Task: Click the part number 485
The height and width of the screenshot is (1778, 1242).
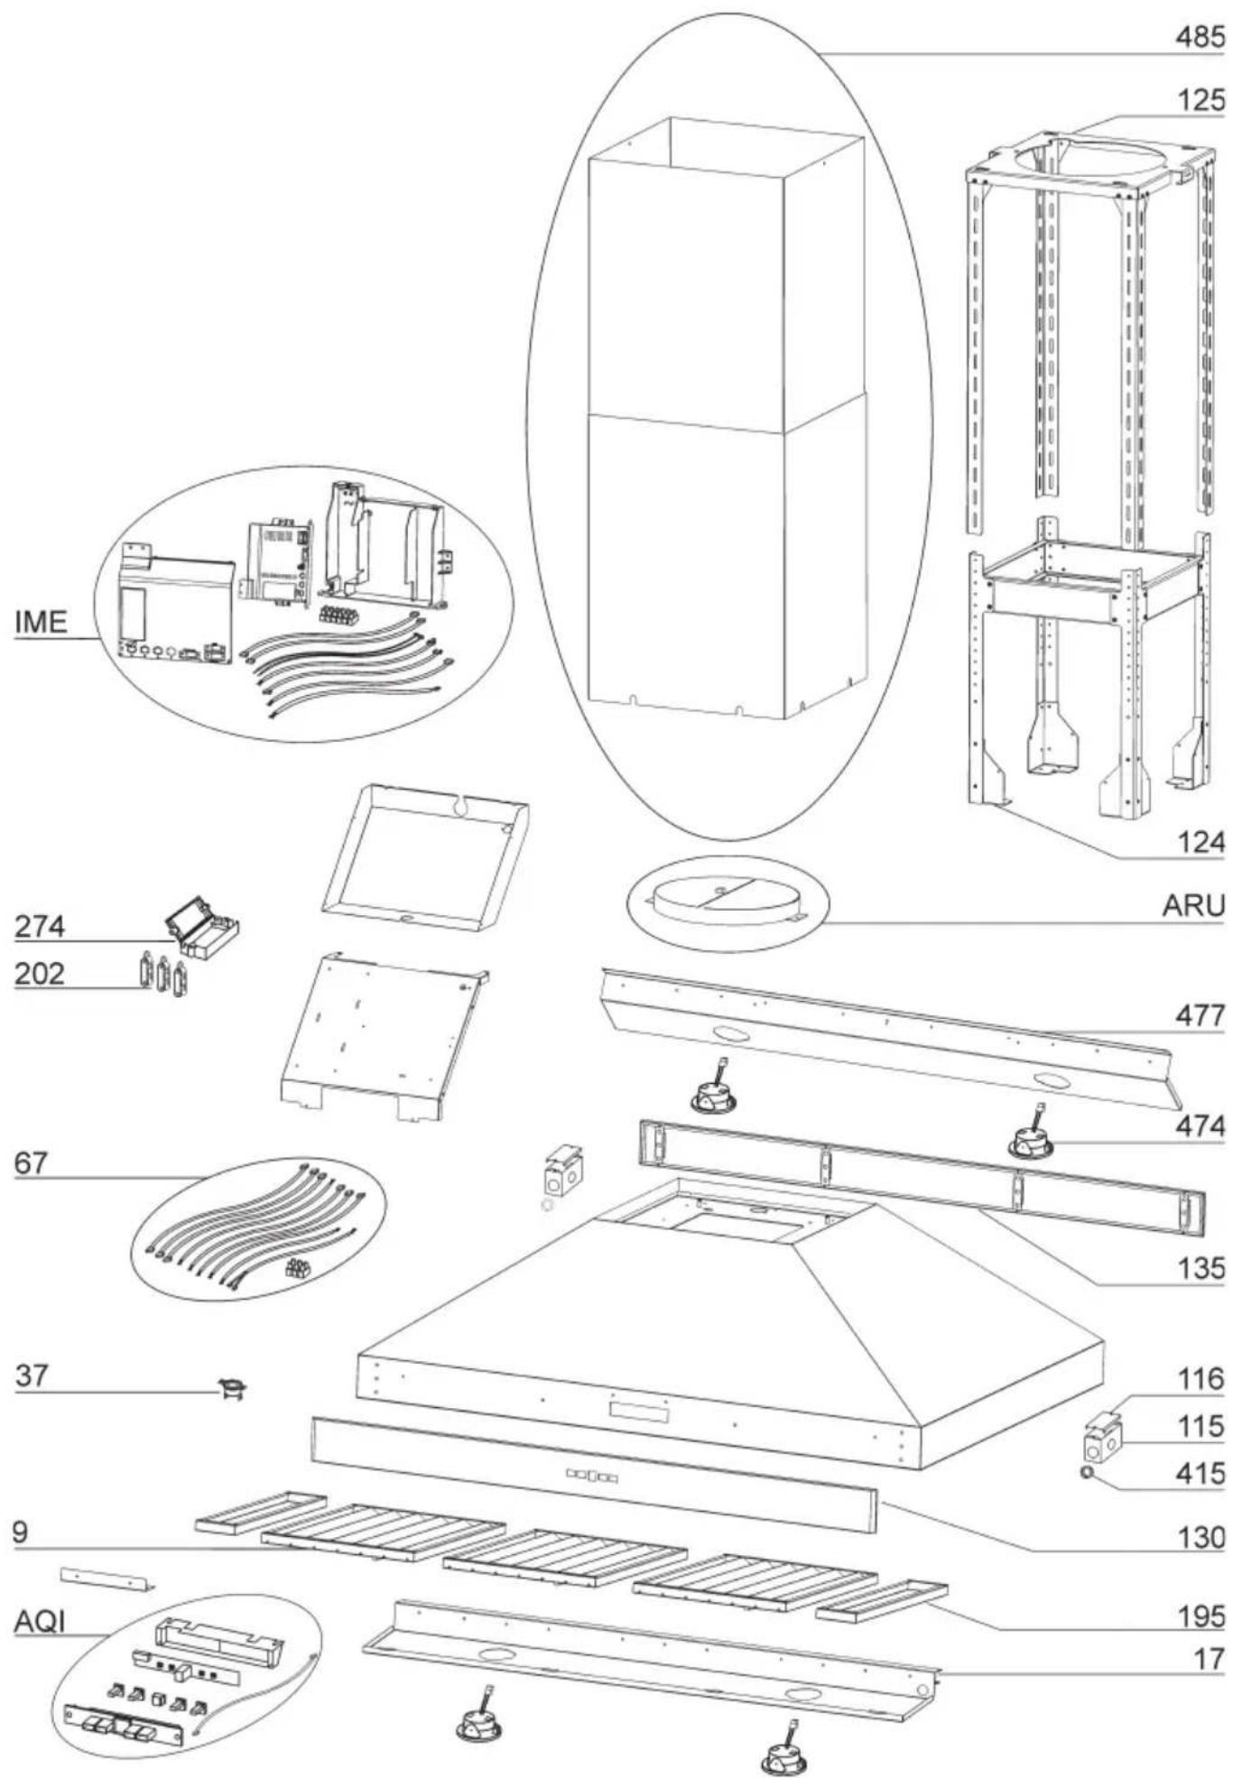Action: point(1200,38)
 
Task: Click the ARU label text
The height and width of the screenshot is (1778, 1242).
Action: point(1193,905)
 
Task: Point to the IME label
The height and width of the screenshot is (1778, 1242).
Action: point(41,622)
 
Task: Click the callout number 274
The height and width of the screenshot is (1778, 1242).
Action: point(40,927)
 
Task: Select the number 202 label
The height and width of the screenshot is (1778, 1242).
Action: point(40,974)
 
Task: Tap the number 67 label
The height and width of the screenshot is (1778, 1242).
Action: point(30,1163)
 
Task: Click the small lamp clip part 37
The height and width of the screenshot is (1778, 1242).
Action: point(233,1390)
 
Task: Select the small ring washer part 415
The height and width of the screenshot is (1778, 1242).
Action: point(1088,1474)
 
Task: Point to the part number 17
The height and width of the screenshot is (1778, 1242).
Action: point(1209,1659)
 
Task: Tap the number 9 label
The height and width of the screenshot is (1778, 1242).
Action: point(21,1532)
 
